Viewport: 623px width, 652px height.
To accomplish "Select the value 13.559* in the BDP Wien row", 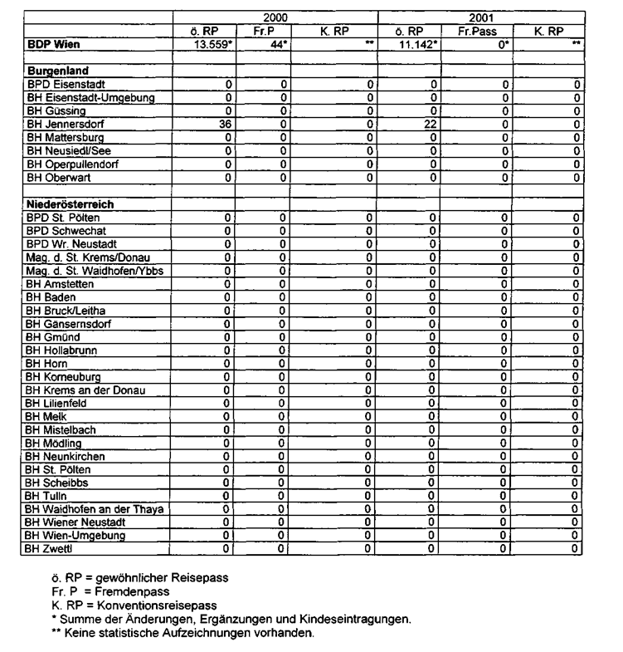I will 211,43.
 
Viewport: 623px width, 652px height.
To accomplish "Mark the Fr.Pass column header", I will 480,31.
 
